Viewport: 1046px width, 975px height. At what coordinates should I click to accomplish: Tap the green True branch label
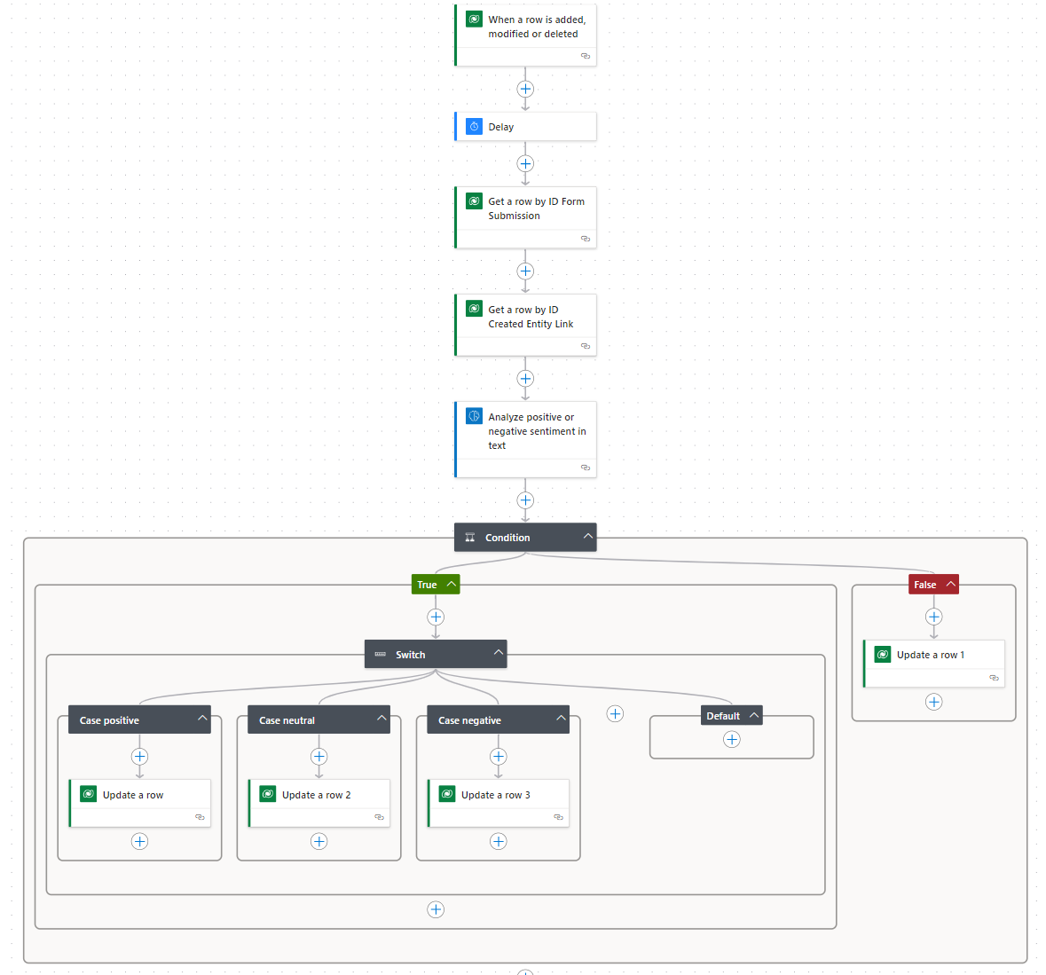point(428,585)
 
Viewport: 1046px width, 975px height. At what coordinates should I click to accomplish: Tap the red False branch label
point(925,585)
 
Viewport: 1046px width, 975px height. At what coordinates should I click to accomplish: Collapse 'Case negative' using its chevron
point(561,718)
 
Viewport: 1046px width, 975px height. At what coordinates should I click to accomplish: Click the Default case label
point(723,716)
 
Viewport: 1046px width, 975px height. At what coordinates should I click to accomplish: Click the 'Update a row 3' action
point(498,796)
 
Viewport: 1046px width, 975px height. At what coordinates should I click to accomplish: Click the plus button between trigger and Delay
point(525,89)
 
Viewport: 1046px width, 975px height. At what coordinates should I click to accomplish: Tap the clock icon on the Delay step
point(475,127)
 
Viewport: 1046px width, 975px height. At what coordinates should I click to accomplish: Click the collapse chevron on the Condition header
point(587,537)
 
